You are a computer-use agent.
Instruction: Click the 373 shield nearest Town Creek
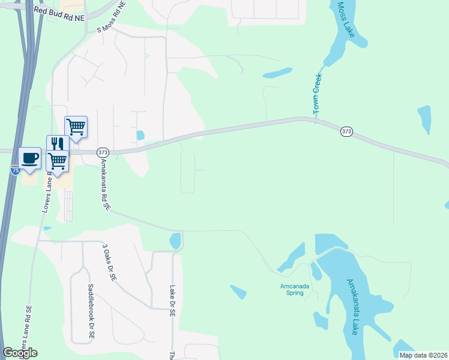tap(346, 131)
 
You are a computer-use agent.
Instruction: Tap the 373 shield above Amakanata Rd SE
tap(102, 152)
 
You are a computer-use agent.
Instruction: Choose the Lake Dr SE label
tap(172, 300)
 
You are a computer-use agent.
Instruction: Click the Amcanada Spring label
tap(295, 289)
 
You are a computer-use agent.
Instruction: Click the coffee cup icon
tap(29, 158)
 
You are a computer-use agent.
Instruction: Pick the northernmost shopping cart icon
tap(76, 126)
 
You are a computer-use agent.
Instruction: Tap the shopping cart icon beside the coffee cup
tap(58, 160)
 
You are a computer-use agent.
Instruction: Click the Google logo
tap(20, 353)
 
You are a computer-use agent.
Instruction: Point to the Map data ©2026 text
tap(423, 355)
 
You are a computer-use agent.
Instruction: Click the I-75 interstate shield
tap(15, 171)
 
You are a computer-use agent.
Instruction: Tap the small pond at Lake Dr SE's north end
tap(175, 241)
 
